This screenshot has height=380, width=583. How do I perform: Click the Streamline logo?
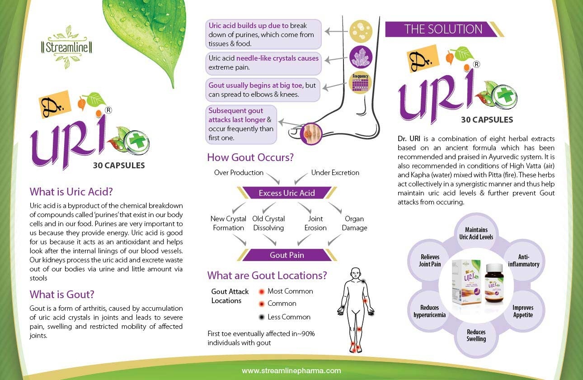coord(66,47)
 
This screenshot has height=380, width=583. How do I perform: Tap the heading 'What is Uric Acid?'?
coord(71,192)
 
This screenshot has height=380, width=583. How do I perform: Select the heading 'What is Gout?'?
coord(62,294)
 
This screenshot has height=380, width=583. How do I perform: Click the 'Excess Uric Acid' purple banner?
coord(287,193)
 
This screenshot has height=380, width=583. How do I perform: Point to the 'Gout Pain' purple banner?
coord(287,255)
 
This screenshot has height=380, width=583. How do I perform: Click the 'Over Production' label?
coord(239,172)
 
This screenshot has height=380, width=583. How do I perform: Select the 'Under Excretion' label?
coord(335,172)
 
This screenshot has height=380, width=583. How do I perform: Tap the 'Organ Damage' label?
coord(354,223)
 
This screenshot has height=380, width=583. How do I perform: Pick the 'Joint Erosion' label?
coord(315,223)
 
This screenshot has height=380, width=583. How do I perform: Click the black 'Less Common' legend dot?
coord(262,317)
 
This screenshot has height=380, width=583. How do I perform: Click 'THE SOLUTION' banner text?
coord(443,29)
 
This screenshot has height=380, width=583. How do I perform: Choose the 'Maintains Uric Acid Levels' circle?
coord(476,233)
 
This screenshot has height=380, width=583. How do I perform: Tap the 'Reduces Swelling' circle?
coord(476,336)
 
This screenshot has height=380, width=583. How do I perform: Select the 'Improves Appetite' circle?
coord(523,311)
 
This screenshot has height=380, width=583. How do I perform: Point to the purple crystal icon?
coord(361,57)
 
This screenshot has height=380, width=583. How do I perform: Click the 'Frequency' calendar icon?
coord(361,83)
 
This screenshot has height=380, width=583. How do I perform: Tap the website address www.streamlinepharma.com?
coord(291,370)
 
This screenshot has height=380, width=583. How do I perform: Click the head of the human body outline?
coord(355,274)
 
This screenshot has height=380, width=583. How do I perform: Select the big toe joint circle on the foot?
coord(311,134)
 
